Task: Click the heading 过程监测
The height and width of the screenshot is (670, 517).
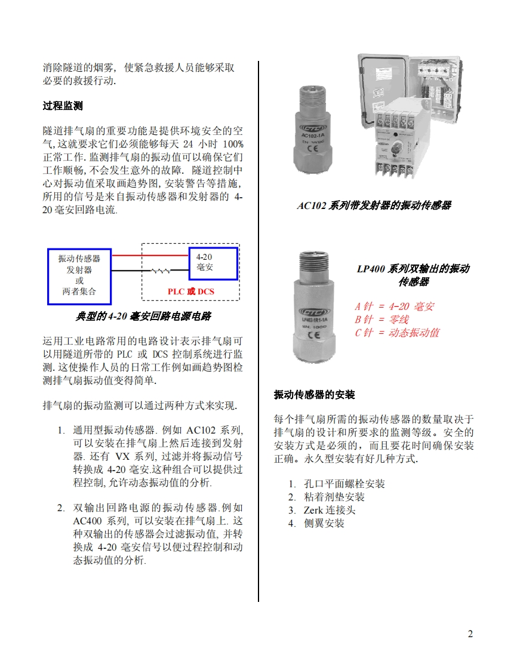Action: pos(62,106)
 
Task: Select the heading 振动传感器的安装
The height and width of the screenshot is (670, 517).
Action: pos(314,394)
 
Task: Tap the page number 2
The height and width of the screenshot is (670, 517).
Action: pos(470,634)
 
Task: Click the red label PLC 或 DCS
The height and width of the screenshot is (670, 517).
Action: pos(190,291)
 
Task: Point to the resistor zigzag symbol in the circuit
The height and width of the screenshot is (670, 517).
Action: pos(161,271)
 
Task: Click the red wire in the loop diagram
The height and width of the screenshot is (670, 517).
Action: pos(150,256)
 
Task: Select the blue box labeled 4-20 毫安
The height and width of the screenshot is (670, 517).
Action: pos(213,264)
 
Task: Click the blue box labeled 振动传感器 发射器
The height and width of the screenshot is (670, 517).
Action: pos(79,276)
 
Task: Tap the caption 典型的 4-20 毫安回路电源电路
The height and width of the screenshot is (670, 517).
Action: pos(143,316)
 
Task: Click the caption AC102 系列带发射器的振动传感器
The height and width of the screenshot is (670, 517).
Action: pos(374,205)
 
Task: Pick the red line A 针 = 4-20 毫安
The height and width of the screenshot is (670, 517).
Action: pos(394,306)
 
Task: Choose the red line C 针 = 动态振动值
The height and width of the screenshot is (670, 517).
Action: pos(397,333)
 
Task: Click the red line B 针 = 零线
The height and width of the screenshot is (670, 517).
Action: pos(381,319)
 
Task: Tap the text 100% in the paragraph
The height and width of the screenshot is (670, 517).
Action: pos(233,144)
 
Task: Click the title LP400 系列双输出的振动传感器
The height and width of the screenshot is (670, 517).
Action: pos(413,275)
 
